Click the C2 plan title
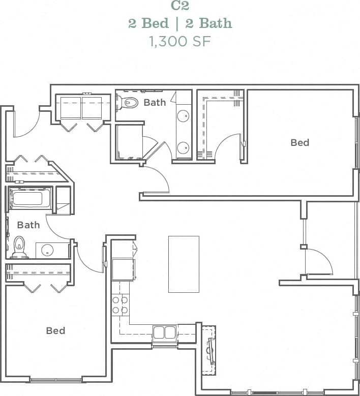tap(180, 6)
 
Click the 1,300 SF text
tap(180, 41)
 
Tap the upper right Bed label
tap(299, 143)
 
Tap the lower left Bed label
tap(55, 331)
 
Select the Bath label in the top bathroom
tap(155, 103)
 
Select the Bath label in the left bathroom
tap(28, 225)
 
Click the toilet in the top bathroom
tap(128, 103)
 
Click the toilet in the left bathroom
tap(19, 247)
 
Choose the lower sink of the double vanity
tap(183, 148)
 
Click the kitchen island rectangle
tap(184, 264)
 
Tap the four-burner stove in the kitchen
tap(120, 304)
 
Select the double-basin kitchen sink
tap(164, 332)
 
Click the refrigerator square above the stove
tap(123, 269)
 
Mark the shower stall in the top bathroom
tap(129, 142)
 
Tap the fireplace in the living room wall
tap(209, 350)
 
